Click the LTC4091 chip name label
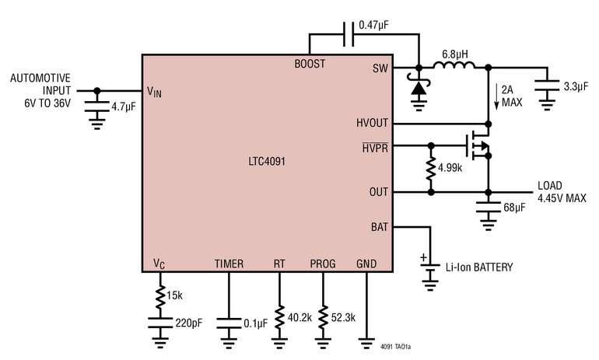[267, 161]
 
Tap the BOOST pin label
[310, 64]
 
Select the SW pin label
[380, 68]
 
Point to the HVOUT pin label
[372, 123]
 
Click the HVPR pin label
[375, 148]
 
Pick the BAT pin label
[380, 227]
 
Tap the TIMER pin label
[229, 264]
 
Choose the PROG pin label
[323, 264]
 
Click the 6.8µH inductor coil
[454, 65]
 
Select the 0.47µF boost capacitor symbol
[349, 34]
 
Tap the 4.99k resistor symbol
[431, 169]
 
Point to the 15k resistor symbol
[160, 297]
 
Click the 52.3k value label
[343, 318]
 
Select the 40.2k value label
[299, 318]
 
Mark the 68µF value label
[514, 208]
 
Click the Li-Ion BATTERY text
[479, 267]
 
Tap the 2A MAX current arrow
[496, 97]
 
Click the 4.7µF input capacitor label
[124, 107]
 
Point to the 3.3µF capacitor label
[576, 86]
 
